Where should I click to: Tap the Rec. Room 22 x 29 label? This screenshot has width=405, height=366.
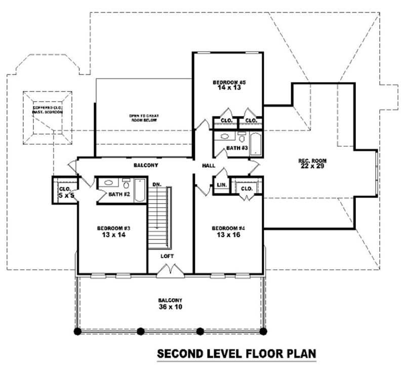[x=312, y=161]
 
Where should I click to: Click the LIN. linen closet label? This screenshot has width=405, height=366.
[x=221, y=185]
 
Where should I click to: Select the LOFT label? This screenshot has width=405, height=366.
[x=167, y=256]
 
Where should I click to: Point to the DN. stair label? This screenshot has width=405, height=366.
[x=156, y=185]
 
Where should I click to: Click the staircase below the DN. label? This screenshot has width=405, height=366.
[x=159, y=218]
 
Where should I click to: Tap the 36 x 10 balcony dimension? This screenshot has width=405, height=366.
[x=170, y=307]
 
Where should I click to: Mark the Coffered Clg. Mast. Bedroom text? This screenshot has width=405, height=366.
[x=48, y=110]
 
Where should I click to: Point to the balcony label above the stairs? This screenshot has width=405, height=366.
[x=146, y=166]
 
